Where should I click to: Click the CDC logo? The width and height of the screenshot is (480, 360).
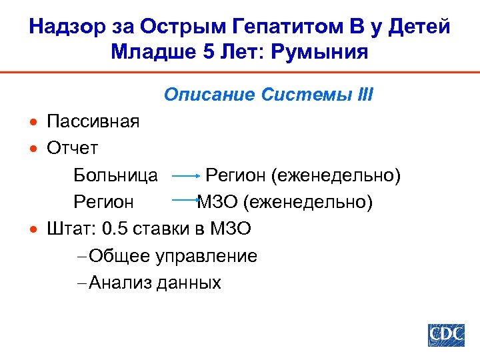[446, 334]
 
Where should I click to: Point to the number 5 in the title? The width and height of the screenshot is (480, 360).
[203, 51]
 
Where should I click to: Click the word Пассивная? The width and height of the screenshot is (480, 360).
[93, 121]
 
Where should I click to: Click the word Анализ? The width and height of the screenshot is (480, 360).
[120, 283]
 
